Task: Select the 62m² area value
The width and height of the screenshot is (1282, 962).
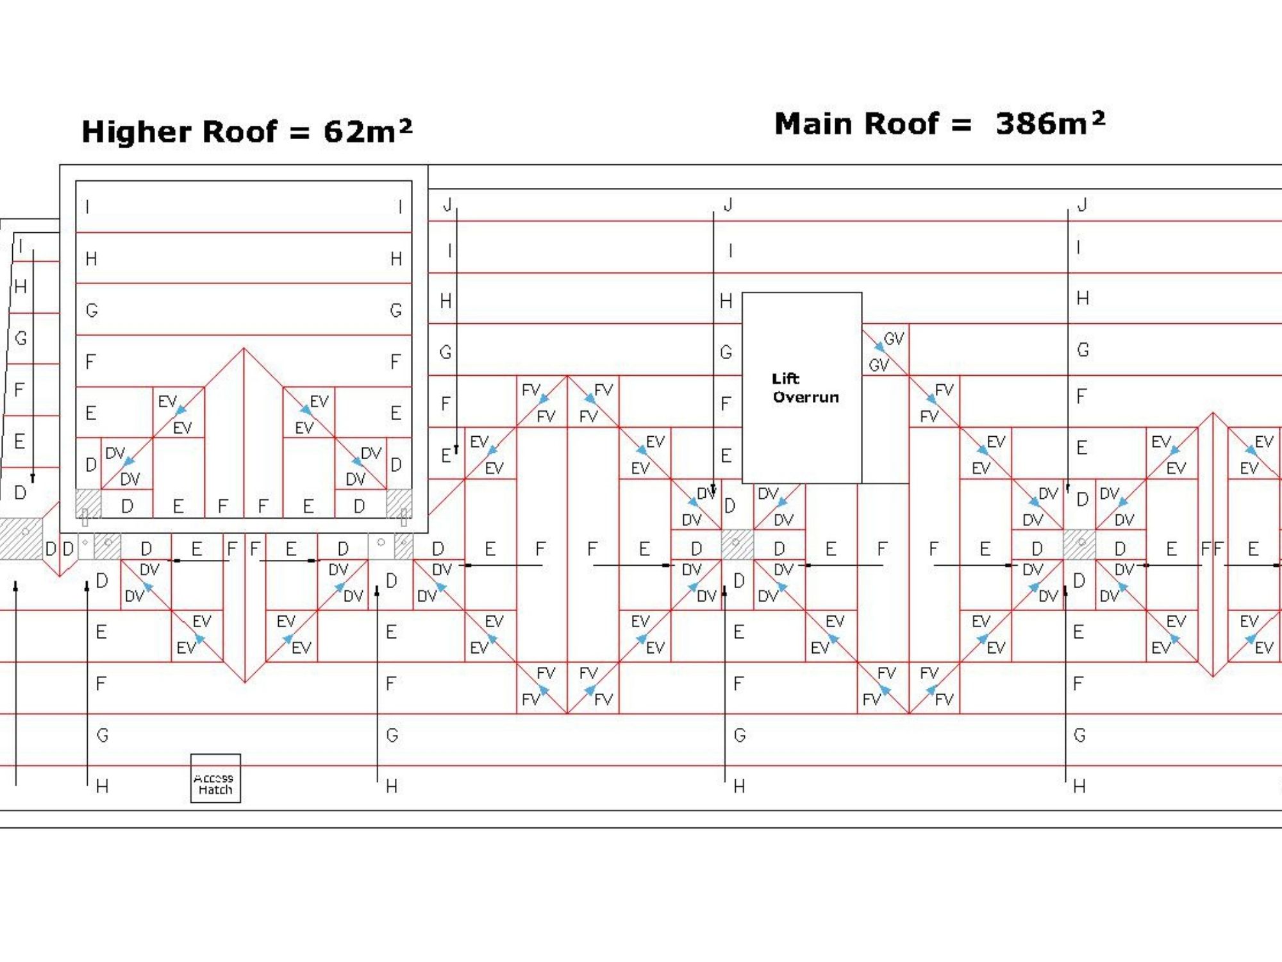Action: point(367,131)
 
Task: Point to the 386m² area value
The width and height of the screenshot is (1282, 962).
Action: point(1050,123)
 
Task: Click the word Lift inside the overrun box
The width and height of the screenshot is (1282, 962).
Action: point(785,378)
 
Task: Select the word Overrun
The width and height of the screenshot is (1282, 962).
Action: point(806,397)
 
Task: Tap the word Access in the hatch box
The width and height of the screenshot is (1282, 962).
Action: point(213,778)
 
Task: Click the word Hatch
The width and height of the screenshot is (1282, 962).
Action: point(215,790)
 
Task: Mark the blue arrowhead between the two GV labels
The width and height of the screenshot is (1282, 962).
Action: point(880,347)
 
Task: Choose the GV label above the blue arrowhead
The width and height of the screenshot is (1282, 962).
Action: point(894,339)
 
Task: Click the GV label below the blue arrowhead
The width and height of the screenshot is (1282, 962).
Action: point(879,365)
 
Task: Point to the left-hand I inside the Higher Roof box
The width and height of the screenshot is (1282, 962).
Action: point(87,207)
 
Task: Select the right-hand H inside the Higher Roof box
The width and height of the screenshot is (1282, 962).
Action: point(396,259)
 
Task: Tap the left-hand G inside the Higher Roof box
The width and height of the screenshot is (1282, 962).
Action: point(92,310)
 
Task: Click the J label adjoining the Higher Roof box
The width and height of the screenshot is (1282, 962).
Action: point(447,205)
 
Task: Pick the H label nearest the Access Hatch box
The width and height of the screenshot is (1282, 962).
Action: point(102,786)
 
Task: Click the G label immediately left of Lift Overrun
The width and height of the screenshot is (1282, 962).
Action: point(726,352)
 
